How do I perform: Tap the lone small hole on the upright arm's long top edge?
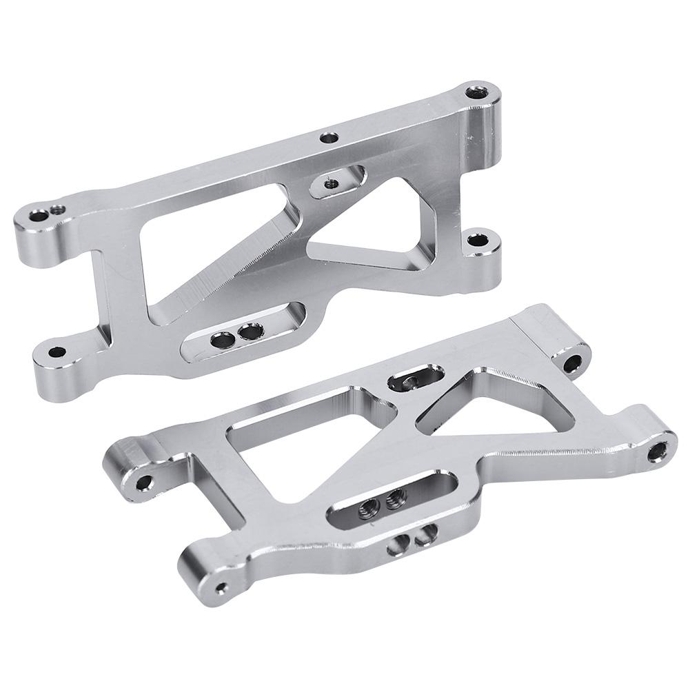point(331,138)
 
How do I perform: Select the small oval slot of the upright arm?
point(333,181)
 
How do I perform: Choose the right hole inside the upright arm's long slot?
point(248,333)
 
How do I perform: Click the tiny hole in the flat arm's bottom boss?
point(221,588)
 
